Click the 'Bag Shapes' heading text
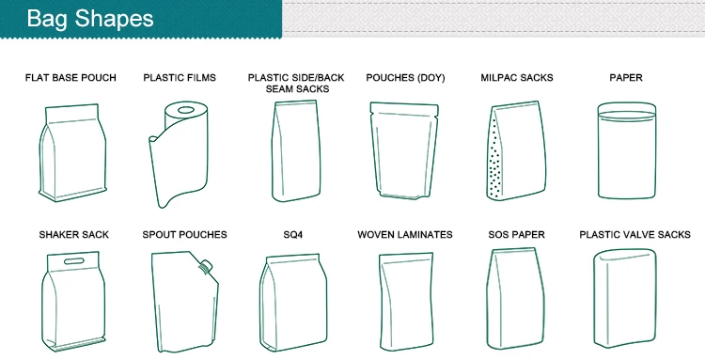point(90,19)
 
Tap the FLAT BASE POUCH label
point(70,78)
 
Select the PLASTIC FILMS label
point(180,78)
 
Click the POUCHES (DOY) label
point(405,78)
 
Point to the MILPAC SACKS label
point(517,78)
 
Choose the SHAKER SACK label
point(73,235)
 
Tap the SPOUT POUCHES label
point(184,235)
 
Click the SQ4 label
point(292,235)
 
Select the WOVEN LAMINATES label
point(404,235)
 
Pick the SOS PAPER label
point(516,235)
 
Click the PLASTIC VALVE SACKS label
point(634,235)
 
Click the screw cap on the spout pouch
point(207,266)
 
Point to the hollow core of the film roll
point(185,110)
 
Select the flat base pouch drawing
point(72,153)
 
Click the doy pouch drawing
point(404,150)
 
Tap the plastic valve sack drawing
point(624,298)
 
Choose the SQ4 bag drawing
point(293,302)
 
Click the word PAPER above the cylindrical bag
point(626,78)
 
